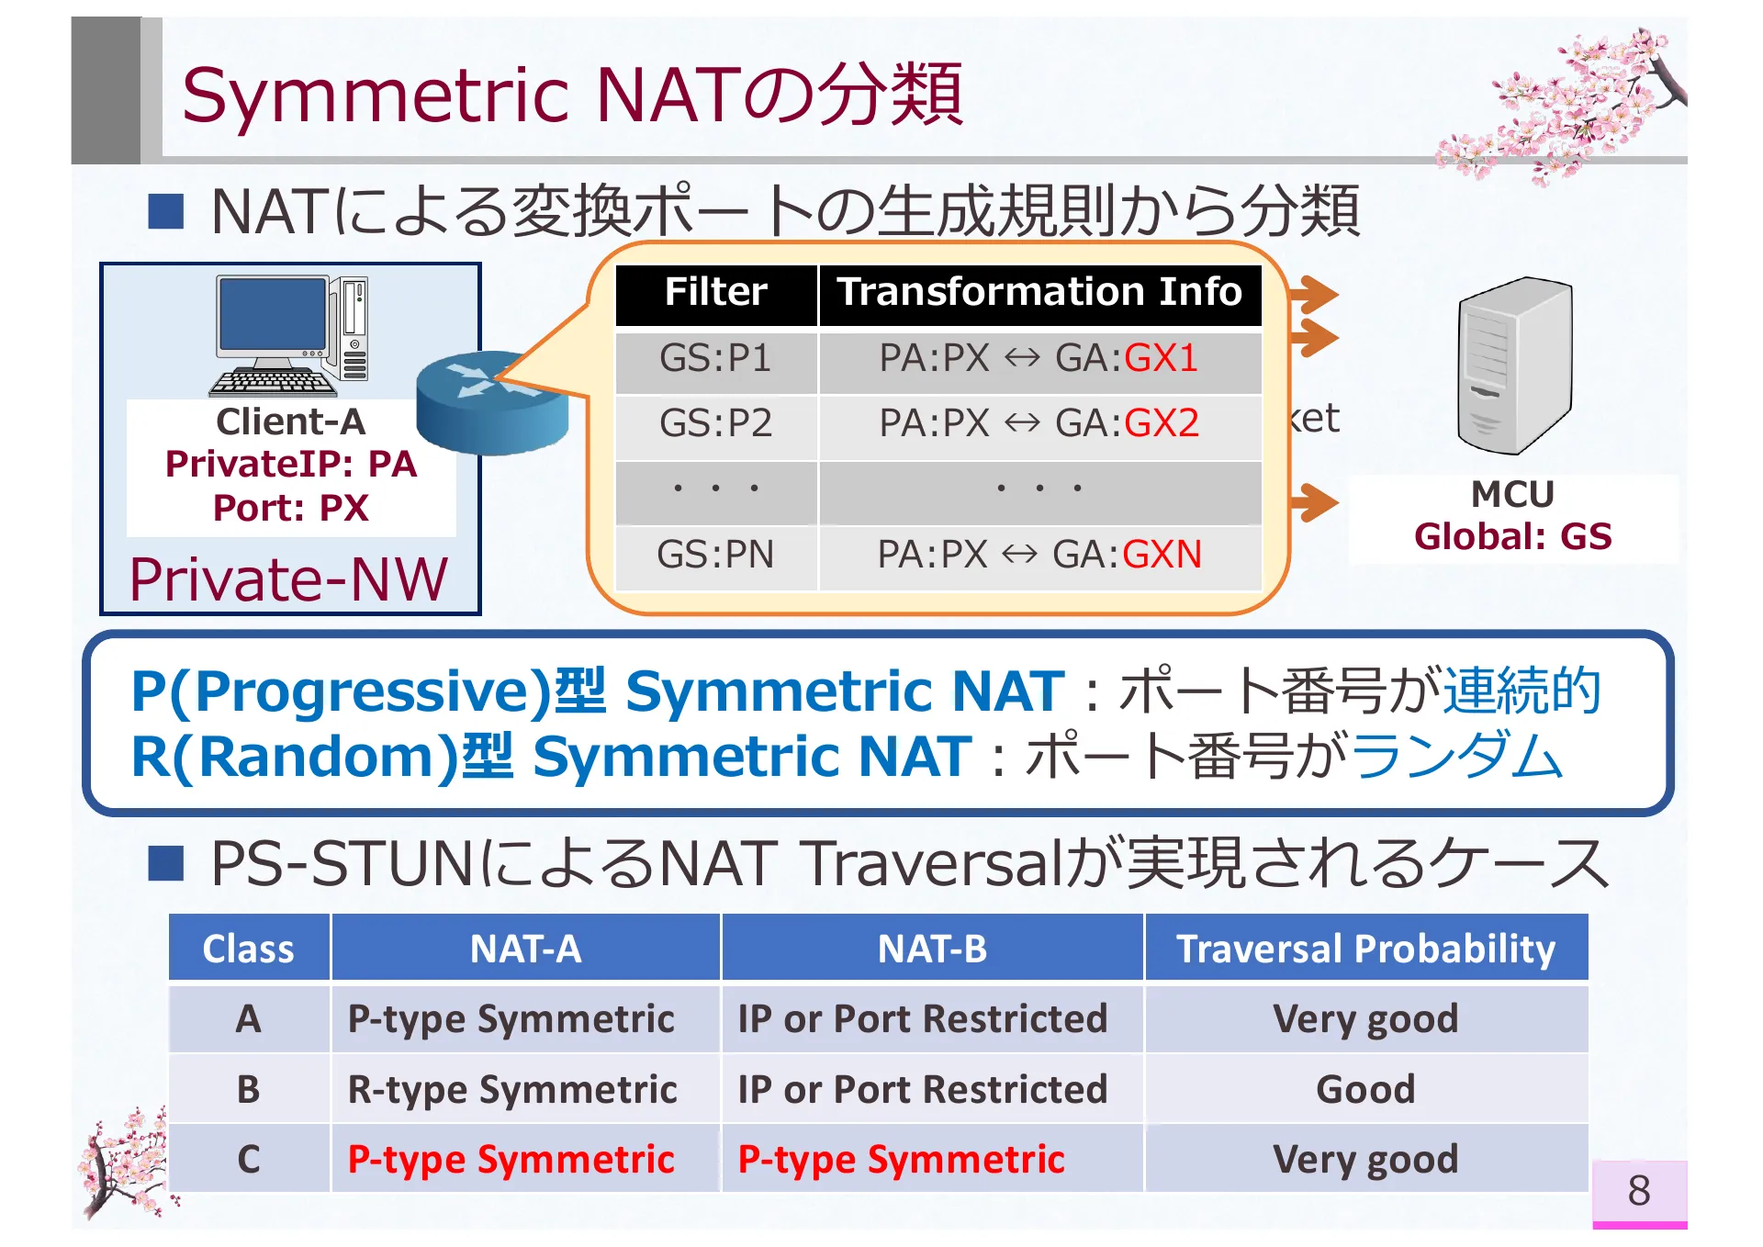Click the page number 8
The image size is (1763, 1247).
coord(1638,1191)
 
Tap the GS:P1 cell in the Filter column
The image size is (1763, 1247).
coord(715,358)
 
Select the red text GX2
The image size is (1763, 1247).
coord(1162,423)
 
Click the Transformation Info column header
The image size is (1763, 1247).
coord(1039,292)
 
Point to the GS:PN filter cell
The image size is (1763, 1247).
coord(715,555)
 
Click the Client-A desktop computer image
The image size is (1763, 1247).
coord(291,336)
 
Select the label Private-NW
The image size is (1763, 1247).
coord(288,580)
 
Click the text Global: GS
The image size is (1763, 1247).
coord(1512,536)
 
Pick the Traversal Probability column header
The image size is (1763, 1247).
coord(1365,949)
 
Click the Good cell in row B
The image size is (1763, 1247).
coord(1365,1089)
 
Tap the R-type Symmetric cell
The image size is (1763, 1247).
coord(512,1090)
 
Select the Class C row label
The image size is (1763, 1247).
coord(248,1159)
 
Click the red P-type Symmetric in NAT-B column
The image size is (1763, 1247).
coord(901,1160)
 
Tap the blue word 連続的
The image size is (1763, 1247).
coord(1522,691)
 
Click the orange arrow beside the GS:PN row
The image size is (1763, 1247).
coord(1314,502)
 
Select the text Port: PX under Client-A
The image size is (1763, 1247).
coord(291,508)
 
